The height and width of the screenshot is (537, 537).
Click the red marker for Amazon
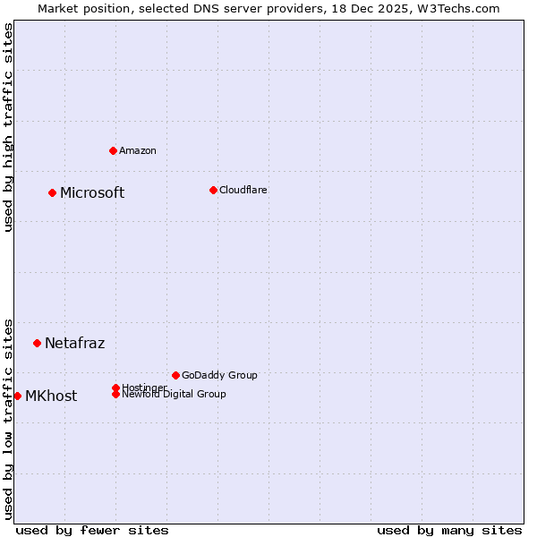113,150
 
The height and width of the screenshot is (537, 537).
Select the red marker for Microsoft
52,192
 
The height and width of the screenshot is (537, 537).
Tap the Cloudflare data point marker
213,190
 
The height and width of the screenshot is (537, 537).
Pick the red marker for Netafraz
37,343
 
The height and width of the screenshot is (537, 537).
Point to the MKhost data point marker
17,396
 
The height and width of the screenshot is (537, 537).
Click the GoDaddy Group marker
175,375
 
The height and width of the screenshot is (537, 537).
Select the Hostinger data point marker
115,388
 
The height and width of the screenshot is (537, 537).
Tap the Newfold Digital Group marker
115,394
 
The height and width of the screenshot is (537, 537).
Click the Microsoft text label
92,193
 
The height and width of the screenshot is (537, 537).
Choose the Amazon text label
138,150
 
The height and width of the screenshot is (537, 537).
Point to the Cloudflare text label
243,190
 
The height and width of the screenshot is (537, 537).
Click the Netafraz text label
74,344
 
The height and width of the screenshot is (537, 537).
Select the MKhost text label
51,396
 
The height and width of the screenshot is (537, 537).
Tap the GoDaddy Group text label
219,375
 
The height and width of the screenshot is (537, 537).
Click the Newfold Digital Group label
175,395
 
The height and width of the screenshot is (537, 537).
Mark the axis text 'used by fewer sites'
92,530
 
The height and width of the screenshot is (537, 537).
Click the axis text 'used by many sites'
449,530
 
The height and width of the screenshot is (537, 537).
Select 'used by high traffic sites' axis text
9,127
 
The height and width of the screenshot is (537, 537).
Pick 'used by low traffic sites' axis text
9,418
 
